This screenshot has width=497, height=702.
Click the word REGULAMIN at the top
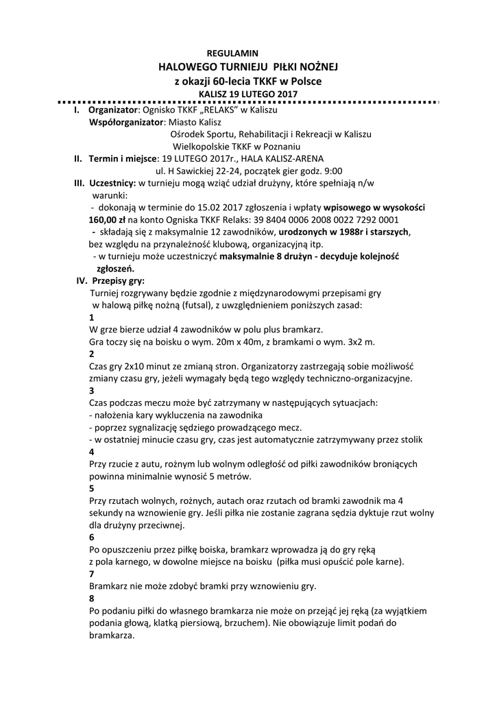pos(232,52)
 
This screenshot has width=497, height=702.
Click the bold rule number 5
pos(93,489)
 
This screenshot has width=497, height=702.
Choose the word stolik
pos(409,439)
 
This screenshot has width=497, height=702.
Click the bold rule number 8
pos(93,598)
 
